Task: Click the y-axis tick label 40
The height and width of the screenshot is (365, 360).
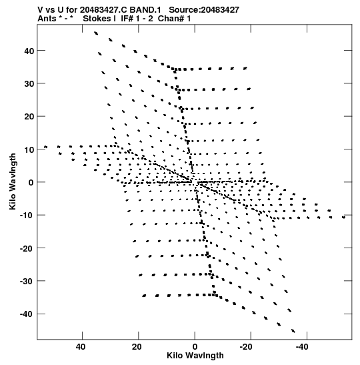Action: (x=29, y=51)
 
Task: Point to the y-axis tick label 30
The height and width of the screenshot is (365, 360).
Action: (x=29, y=84)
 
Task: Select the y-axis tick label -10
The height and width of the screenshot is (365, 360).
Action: (x=27, y=216)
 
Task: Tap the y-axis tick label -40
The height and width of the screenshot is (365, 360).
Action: (x=27, y=314)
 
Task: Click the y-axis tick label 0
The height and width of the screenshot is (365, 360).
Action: (x=31, y=183)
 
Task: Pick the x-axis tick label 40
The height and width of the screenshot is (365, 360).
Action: (x=81, y=347)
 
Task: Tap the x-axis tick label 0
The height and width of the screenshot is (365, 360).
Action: (x=195, y=347)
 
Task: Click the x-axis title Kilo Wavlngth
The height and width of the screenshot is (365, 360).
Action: (x=195, y=356)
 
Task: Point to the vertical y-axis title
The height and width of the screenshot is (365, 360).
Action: (x=13, y=181)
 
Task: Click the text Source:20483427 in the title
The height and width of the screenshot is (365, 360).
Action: (x=204, y=10)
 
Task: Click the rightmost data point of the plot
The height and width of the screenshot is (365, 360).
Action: (x=344, y=217)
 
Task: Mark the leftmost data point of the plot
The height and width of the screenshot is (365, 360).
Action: (x=45, y=147)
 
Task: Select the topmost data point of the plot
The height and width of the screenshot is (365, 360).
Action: (x=96, y=33)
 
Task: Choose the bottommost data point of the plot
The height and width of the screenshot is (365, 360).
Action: (x=293, y=331)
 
